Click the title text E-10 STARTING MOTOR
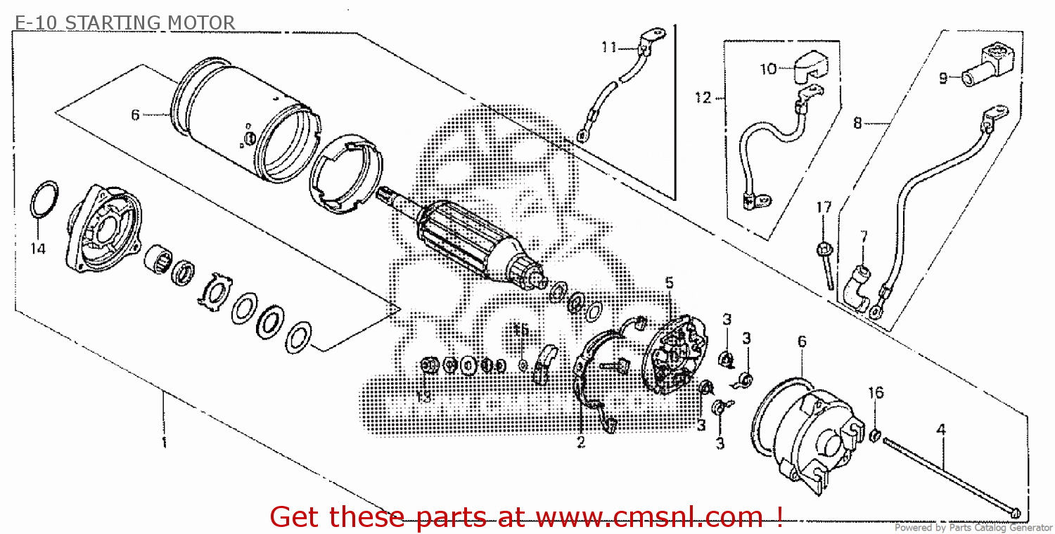(x=124, y=23)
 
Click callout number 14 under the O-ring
(x=38, y=249)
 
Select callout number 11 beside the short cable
(x=609, y=47)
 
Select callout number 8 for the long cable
(x=857, y=123)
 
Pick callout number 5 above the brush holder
(x=669, y=282)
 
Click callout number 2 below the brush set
(x=581, y=442)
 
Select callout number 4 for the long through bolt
(x=941, y=428)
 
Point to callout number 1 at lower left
(x=163, y=442)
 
